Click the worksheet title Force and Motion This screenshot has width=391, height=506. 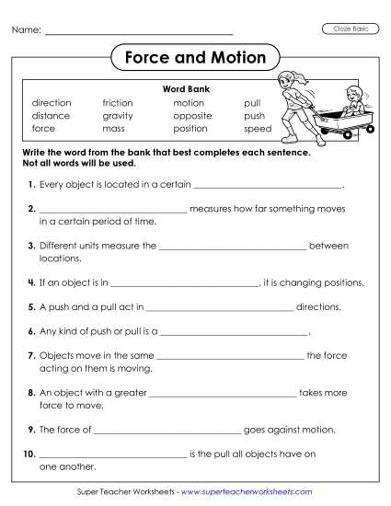(x=194, y=58)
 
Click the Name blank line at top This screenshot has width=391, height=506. (x=138, y=32)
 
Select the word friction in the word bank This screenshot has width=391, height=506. (x=118, y=104)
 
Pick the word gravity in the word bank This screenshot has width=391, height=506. (x=118, y=117)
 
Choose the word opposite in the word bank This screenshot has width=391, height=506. (x=192, y=117)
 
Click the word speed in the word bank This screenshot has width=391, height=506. (x=258, y=130)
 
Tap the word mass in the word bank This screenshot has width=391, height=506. (x=114, y=130)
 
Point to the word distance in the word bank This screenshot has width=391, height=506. (x=51, y=117)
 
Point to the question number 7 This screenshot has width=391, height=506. (x=31, y=355)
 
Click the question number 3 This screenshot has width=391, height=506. (x=31, y=247)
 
